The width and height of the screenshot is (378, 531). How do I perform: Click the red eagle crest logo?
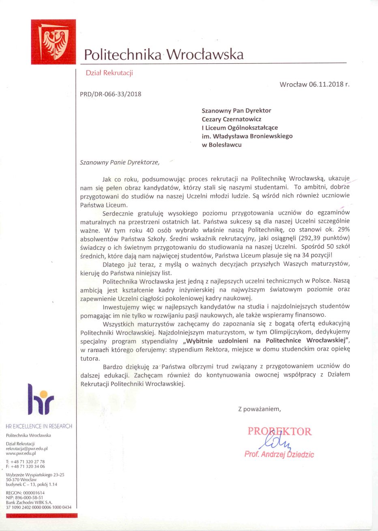point(53,42)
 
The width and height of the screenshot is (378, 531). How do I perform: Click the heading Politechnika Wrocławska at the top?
point(163,54)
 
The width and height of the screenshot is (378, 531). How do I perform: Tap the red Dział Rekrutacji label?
point(109,73)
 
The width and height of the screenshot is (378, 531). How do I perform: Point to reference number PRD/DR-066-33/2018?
point(111,94)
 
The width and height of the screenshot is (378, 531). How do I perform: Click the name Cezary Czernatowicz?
point(232,119)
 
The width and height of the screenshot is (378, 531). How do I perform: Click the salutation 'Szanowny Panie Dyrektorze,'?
point(120,163)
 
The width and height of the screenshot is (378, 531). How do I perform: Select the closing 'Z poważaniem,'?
point(259,409)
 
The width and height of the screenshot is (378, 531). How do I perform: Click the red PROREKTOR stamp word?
point(279,431)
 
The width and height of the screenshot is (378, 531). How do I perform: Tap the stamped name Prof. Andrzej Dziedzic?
point(279,454)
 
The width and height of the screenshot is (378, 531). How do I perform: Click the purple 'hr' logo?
point(41,400)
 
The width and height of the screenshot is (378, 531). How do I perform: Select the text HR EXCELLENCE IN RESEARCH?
point(39,426)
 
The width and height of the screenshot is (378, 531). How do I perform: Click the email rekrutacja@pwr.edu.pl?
point(27,449)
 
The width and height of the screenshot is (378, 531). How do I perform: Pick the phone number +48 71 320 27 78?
point(28,462)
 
